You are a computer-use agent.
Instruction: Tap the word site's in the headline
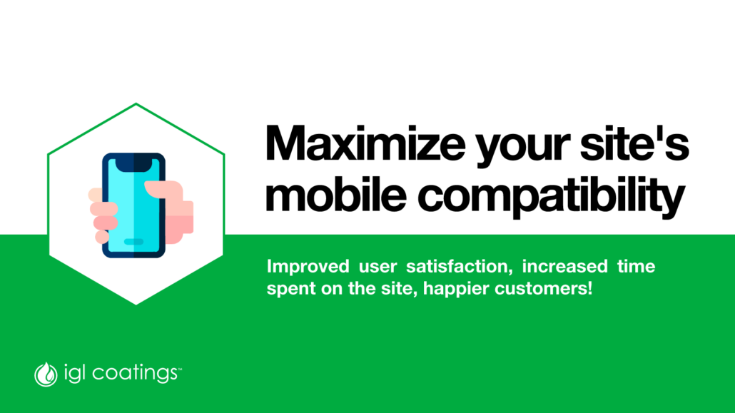pos(634,143)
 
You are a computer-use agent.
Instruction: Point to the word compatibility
pos(552,198)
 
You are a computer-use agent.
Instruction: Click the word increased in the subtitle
pos(565,266)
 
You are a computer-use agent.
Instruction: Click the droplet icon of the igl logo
pos(46,374)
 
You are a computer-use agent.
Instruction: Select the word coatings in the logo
pos(135,374)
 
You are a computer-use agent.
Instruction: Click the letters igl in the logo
pos(74,374)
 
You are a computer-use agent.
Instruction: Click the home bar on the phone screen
pos(133,242)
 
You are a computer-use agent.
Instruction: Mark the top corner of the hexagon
pos(136,103)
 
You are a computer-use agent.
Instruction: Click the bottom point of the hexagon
pos(136,305)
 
